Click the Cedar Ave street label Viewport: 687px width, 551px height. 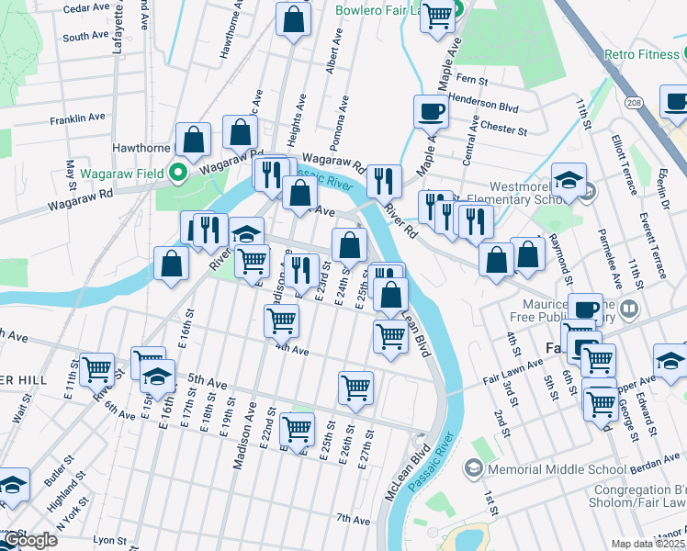87,7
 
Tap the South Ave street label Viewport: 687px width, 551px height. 86,37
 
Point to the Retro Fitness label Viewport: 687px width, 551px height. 641,54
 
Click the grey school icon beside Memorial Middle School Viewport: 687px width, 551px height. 472,469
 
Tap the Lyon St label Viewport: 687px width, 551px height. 109,541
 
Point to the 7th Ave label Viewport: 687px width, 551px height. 353,519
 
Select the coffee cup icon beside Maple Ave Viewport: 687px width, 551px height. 431,112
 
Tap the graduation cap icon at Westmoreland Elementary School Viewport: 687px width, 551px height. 569,180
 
